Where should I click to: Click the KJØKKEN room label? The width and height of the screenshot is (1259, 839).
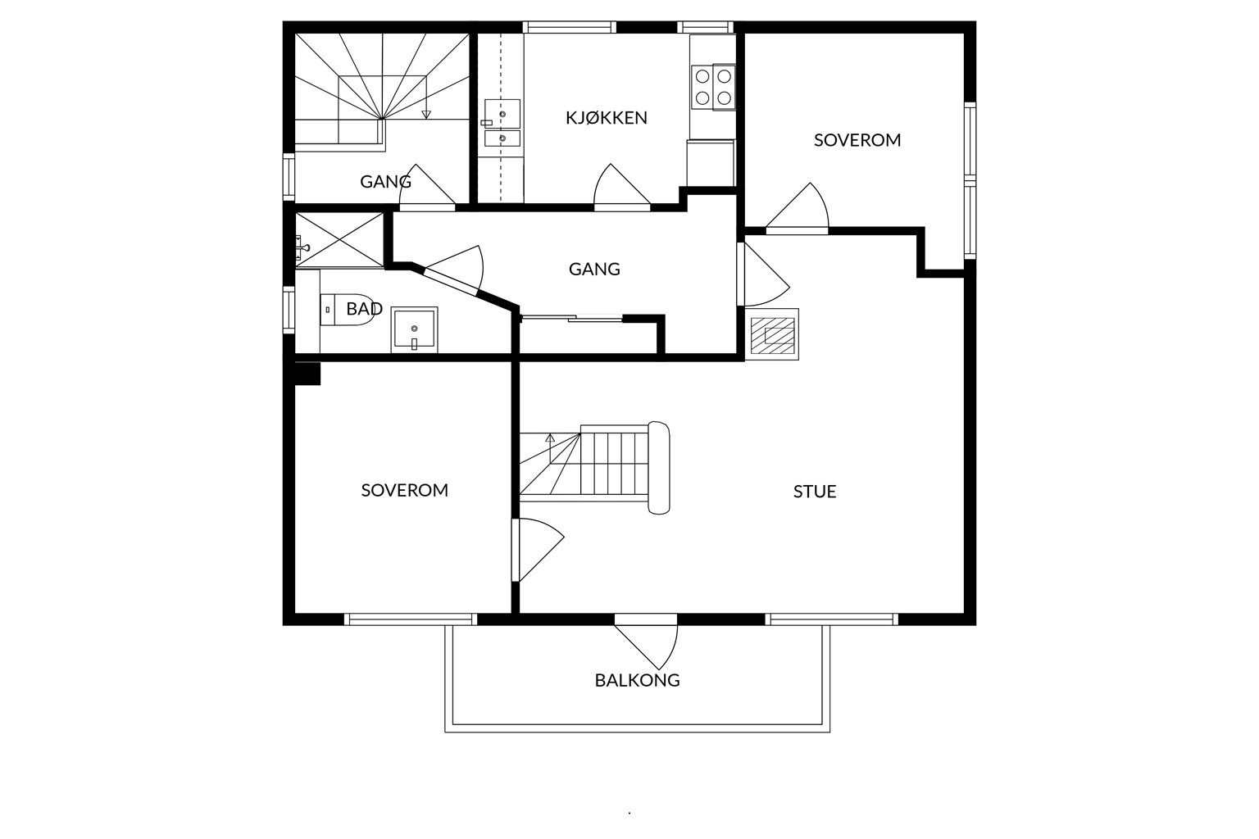click(607, 117)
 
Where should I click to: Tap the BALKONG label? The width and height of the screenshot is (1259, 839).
click(638, 681)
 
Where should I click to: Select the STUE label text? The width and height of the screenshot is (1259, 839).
click(815, 492)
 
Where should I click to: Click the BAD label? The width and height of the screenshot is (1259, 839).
click(364, 309)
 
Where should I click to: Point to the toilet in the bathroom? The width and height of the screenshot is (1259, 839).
click(348, 310)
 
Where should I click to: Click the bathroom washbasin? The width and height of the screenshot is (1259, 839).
click(414, 329)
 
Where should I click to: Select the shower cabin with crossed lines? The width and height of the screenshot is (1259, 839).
click(339, 239)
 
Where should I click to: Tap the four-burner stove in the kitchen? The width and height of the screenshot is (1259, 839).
click(713, 87)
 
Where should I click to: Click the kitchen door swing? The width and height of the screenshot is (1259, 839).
click(621, 185)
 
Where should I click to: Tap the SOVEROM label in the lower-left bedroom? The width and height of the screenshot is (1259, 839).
click(405, 491)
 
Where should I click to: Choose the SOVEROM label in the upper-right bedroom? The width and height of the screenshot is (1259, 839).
click(857, 140)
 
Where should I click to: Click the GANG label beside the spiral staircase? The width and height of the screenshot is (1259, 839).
click(385, 182)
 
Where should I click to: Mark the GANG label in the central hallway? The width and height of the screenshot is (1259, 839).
click(594, 270)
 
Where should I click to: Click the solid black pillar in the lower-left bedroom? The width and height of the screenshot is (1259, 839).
click(307, 373)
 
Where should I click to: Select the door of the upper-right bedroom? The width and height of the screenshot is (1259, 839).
click(797, 208)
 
